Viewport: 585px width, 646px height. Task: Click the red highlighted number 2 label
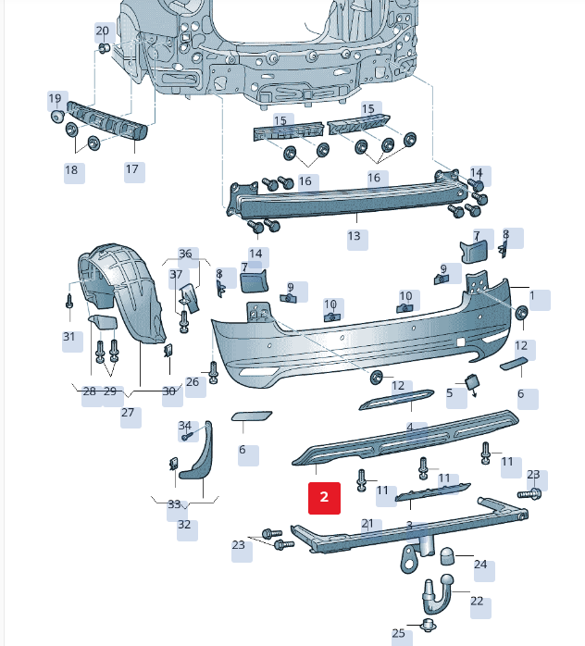tap(325, 497)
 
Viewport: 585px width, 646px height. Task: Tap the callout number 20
tap(102, 31)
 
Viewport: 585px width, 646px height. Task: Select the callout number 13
tap(355, 237)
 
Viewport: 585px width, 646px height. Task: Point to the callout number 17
tap(132, 169)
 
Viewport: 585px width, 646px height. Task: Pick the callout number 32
tap(185, 525)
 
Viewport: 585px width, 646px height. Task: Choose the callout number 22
tap(477, 601)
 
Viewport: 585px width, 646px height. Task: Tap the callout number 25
tap(399, 634)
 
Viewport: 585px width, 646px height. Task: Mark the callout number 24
tap(480, 565)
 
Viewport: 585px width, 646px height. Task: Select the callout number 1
tap(534, 298)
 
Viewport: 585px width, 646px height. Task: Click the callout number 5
tap(452, 394)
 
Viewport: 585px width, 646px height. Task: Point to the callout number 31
tap(69, 337)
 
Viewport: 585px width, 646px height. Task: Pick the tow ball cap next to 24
tap(446, 554)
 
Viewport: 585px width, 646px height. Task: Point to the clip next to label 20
tap(104, 47)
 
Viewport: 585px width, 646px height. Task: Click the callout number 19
tap(55, 98)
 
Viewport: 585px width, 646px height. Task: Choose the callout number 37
tap(176, 275)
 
